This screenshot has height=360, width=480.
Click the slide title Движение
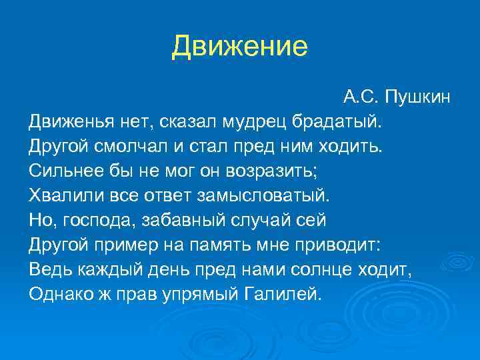[239, 47]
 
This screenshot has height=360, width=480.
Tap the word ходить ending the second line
[353, 147]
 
